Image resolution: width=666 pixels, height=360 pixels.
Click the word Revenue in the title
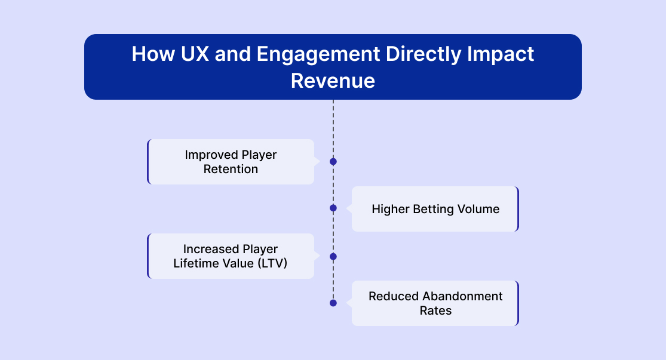click(333, 81)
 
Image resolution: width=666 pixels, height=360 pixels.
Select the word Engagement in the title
click(318, 54)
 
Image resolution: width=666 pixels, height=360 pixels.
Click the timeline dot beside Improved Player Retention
click(333, 162)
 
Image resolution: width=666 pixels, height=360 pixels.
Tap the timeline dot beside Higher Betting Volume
click(333, 208)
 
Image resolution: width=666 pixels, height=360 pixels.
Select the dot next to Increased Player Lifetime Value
click(333, 257)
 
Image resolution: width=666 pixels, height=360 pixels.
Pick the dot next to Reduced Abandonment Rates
click(333, 303)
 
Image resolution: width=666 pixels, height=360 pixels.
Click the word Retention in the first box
click(231, 169)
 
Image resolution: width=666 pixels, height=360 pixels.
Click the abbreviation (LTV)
click(272, 263)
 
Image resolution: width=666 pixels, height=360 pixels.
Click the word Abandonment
click(462, 296)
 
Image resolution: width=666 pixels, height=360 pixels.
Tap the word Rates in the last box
click(435, 310)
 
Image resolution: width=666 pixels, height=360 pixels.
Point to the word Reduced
click(393, 296)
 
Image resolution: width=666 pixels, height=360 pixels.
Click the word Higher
click(390, 209)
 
